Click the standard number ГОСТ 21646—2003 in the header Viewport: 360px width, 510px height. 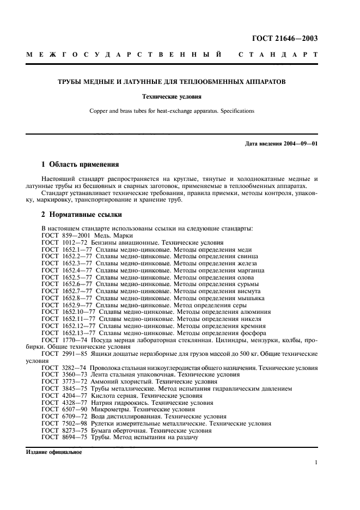click(x=285, y=38)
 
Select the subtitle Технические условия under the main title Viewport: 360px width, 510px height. click(x=172, y=97)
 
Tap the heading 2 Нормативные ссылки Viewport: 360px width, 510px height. click(x=82, y=215)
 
